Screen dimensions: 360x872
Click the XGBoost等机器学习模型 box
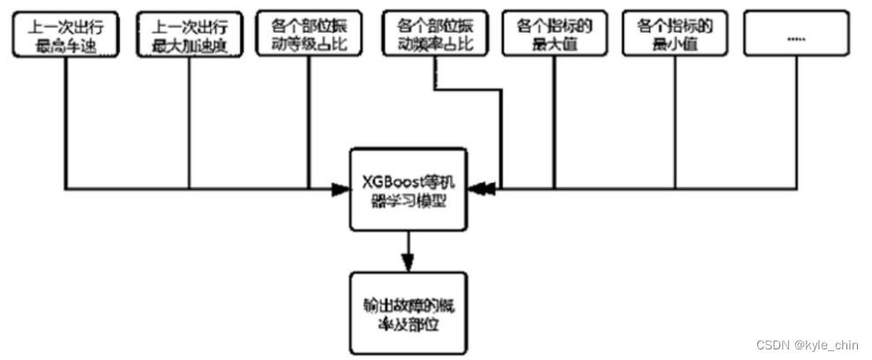(408, 188)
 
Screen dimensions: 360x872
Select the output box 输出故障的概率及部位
(408, 314)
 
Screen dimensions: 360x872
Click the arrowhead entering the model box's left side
(341, 188)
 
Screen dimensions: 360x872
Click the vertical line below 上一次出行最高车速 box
(66, 124)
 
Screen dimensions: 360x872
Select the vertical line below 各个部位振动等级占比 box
(309, 124)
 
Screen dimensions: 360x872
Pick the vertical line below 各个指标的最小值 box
(674, 124)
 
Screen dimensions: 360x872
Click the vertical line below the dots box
(795, 124)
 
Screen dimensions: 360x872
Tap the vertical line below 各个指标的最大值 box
(554, 124)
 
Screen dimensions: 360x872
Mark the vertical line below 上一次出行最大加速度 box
(190, 124)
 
